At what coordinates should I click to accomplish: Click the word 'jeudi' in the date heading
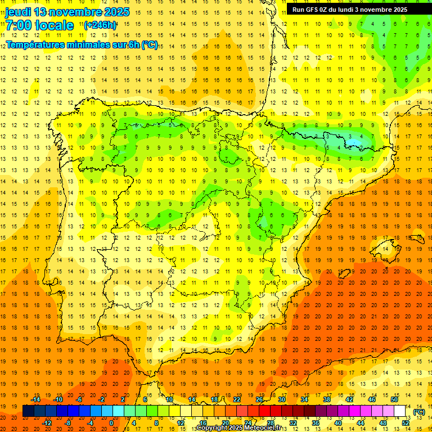coord(18,12)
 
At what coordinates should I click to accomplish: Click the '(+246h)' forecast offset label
coord(100,25)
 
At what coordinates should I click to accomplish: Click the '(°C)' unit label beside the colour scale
coord(419,412)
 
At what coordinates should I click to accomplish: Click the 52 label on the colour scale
coord(406,423)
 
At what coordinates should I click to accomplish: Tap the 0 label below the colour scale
coord(111,423)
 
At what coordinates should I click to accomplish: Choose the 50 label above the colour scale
coord(394,399)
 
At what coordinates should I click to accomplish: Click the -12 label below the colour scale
coord(47,423)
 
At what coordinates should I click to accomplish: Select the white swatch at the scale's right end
coord(400,411)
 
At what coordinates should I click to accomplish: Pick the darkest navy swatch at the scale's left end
coord(28,411)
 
